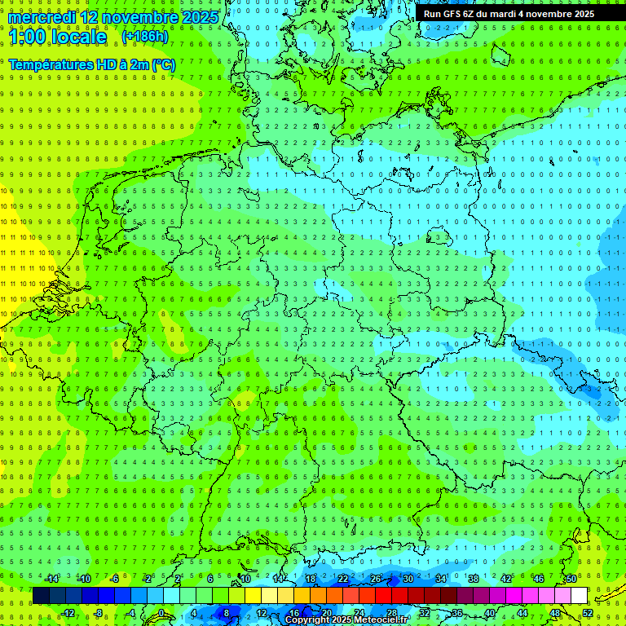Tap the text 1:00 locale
(x=57, y=37)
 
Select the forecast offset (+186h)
(x=144, y=37)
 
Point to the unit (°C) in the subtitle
(x=162, y=64)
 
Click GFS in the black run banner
(x=453, y=14)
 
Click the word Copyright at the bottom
(x=307, y=620)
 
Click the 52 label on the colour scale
(x=588, y=613)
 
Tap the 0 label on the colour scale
(x=161, y=613)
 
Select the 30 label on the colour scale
(x=408, y=579)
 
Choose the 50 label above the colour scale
(x=571, y=579)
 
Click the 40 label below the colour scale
(x=489, y=613)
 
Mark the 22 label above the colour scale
(x=342, y=579)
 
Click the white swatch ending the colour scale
(x=579, y=596)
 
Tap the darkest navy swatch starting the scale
(x=41, y=596)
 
